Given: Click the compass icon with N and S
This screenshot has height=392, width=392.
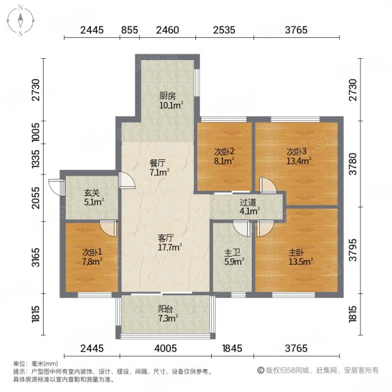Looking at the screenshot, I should click(x=20, y=20).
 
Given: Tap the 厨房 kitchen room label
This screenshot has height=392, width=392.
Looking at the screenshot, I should click(x=167, y=96).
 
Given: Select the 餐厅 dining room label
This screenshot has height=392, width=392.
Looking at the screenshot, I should click(x=158, y=162).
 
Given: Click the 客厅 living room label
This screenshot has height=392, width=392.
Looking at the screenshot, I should click(x=166, y=238).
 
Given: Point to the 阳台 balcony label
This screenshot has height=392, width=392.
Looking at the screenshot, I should click(x=166, y=311).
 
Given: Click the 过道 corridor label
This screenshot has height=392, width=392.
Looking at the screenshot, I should click(x=247, y=202).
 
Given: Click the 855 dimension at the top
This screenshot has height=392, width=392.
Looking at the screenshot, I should click(x=130, y=30).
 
